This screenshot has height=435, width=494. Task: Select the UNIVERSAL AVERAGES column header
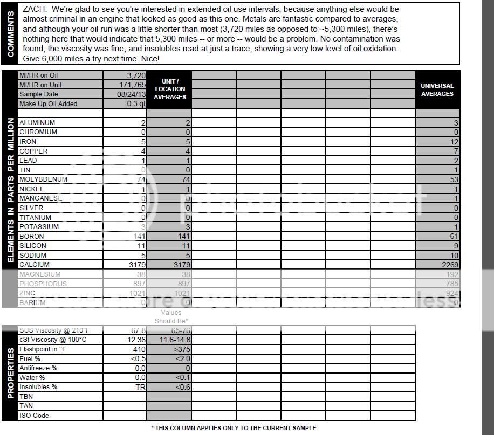coord(437,89)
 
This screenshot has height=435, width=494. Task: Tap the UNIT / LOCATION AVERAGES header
coord(169,89)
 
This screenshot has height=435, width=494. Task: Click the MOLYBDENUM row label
coord(43,179)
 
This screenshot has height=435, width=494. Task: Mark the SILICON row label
coord(33,246)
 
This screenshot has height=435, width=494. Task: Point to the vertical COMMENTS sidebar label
coord(11,33)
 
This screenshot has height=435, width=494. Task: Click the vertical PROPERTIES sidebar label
coord(11,373)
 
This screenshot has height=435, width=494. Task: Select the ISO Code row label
coord(34,416)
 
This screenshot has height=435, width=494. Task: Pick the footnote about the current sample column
coord(234,428)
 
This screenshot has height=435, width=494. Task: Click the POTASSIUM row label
coord(39,227)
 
